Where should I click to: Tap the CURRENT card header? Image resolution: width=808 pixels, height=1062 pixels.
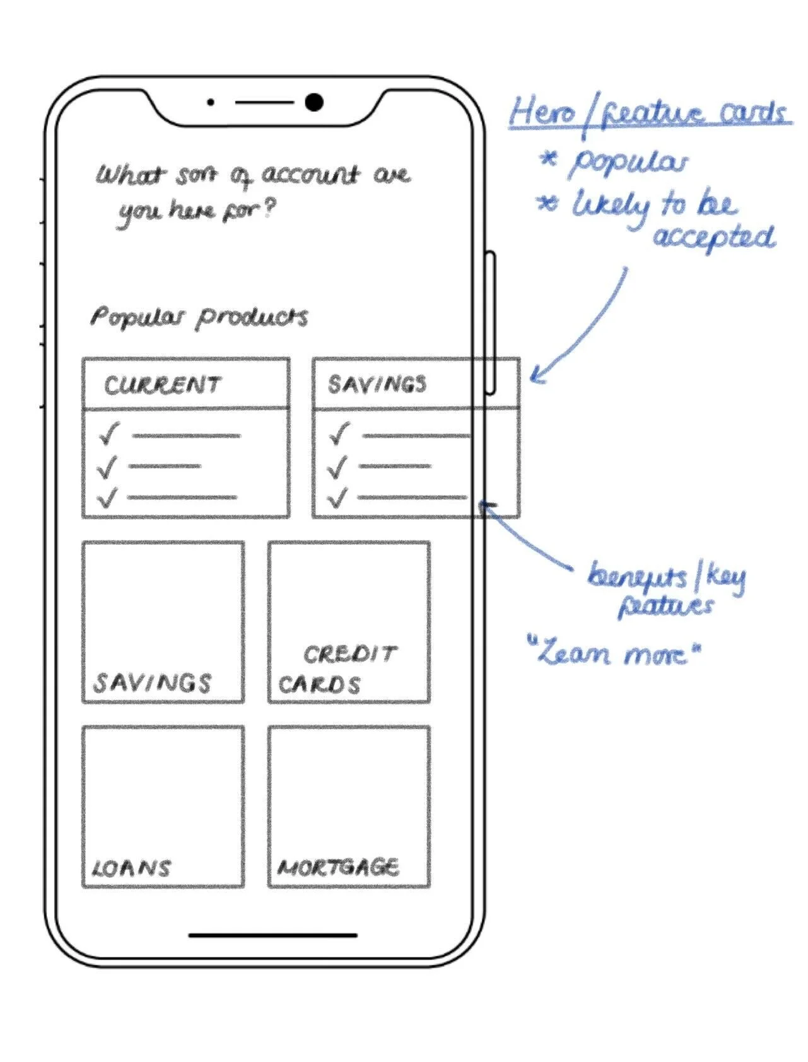(163, 384)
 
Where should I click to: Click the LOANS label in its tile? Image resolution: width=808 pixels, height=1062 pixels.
(131, 868)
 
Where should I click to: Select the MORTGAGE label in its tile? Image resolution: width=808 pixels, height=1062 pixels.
(338, 868)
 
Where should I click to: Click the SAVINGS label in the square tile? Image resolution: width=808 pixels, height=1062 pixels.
(153, 683)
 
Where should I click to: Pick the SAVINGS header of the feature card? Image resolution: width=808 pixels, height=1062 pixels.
(377, 384)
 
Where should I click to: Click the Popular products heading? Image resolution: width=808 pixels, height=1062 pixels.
(199, 317)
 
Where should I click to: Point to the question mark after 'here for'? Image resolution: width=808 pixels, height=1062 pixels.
(269, 209)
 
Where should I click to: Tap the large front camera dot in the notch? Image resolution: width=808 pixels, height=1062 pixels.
(313, 102)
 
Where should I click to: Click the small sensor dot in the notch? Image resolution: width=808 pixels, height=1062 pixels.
(211, 102)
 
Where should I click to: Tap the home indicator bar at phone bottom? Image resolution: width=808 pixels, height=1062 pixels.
(272, 935)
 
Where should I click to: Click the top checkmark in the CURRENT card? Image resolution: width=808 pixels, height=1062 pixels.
(108, 434)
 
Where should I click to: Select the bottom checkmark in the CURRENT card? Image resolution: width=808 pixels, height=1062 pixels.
(107, 498)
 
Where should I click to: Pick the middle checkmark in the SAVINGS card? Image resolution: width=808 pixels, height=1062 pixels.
(338, 467)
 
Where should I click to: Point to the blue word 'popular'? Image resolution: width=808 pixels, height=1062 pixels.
(628, 163)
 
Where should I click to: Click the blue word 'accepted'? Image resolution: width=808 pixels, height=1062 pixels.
(713, 237)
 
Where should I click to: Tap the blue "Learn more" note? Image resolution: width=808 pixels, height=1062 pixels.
(616, 653)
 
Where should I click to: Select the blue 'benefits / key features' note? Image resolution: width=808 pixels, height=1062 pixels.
(666, 589)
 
